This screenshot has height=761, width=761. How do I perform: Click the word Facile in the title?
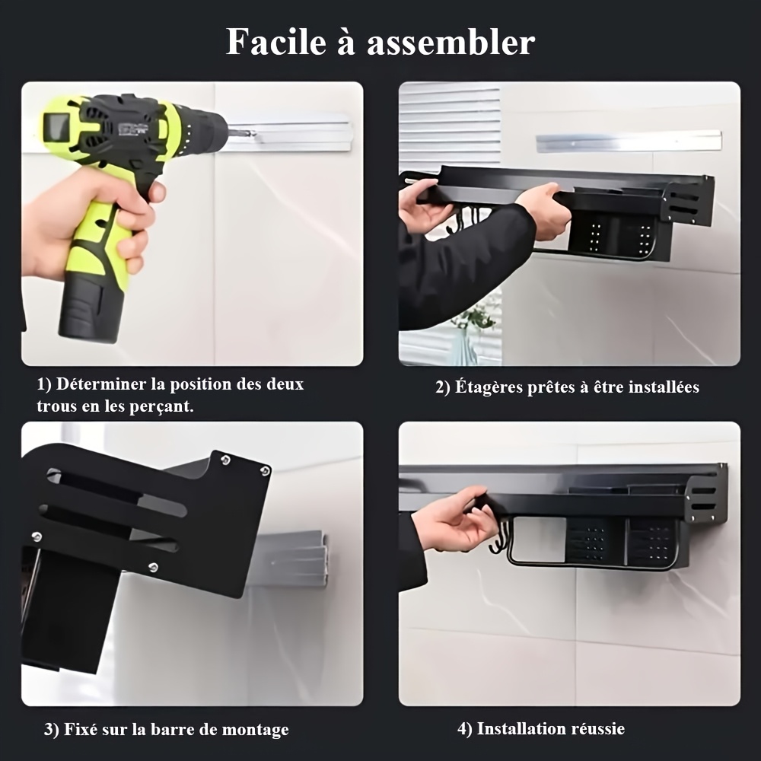coord(276,42)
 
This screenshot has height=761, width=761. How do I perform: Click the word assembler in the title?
coord(451,43)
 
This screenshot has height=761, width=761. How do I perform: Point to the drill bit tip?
coord(254,132)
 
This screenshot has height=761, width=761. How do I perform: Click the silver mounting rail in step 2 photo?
coord(629,142)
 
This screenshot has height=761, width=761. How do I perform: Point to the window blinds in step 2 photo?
coord(450,126)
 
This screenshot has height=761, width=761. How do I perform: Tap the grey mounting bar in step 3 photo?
coord(291,558)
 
